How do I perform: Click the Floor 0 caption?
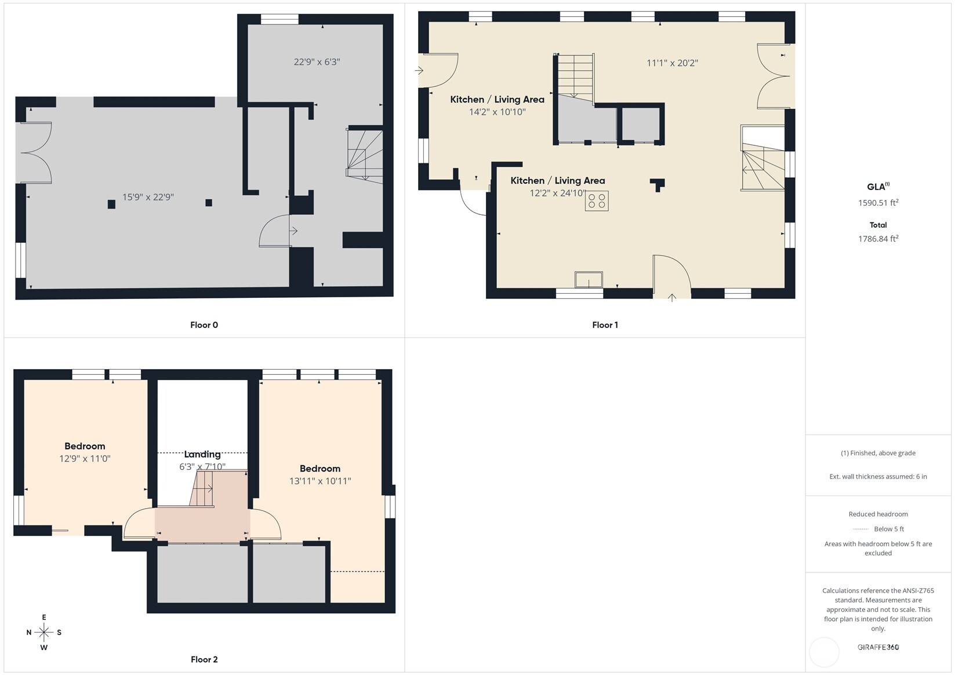click(x=204, y=325)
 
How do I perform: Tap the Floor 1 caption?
click(x=605, y=325)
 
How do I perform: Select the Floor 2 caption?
click(x=204, y=660)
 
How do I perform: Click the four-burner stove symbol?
click(x=597, y=201)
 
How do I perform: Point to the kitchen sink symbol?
click(x=589, y=280)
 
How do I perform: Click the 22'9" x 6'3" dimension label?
click(x=317, y=62)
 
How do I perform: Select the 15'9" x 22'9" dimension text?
click(x=148, y=197)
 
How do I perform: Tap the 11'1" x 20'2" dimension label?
click(x=673, y=63)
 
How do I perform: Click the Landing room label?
click(x=202, y=454)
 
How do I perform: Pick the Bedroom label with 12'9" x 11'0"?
click(x=85, y=446)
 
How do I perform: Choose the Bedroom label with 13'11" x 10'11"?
click(x=319, y=469)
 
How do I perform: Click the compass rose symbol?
click(x=44, y=632)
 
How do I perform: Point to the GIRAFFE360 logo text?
click(x=878, y=647)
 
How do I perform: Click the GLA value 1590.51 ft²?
click(x=878, y=203)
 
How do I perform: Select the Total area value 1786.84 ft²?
click(x=878, y=239)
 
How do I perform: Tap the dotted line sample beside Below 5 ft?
click(x=860, y=529)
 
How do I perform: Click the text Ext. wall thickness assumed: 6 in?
click(x=878, y=476)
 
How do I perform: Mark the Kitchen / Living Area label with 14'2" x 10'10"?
click(x=497, y=99)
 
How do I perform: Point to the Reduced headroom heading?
click(x=878, y=514)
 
